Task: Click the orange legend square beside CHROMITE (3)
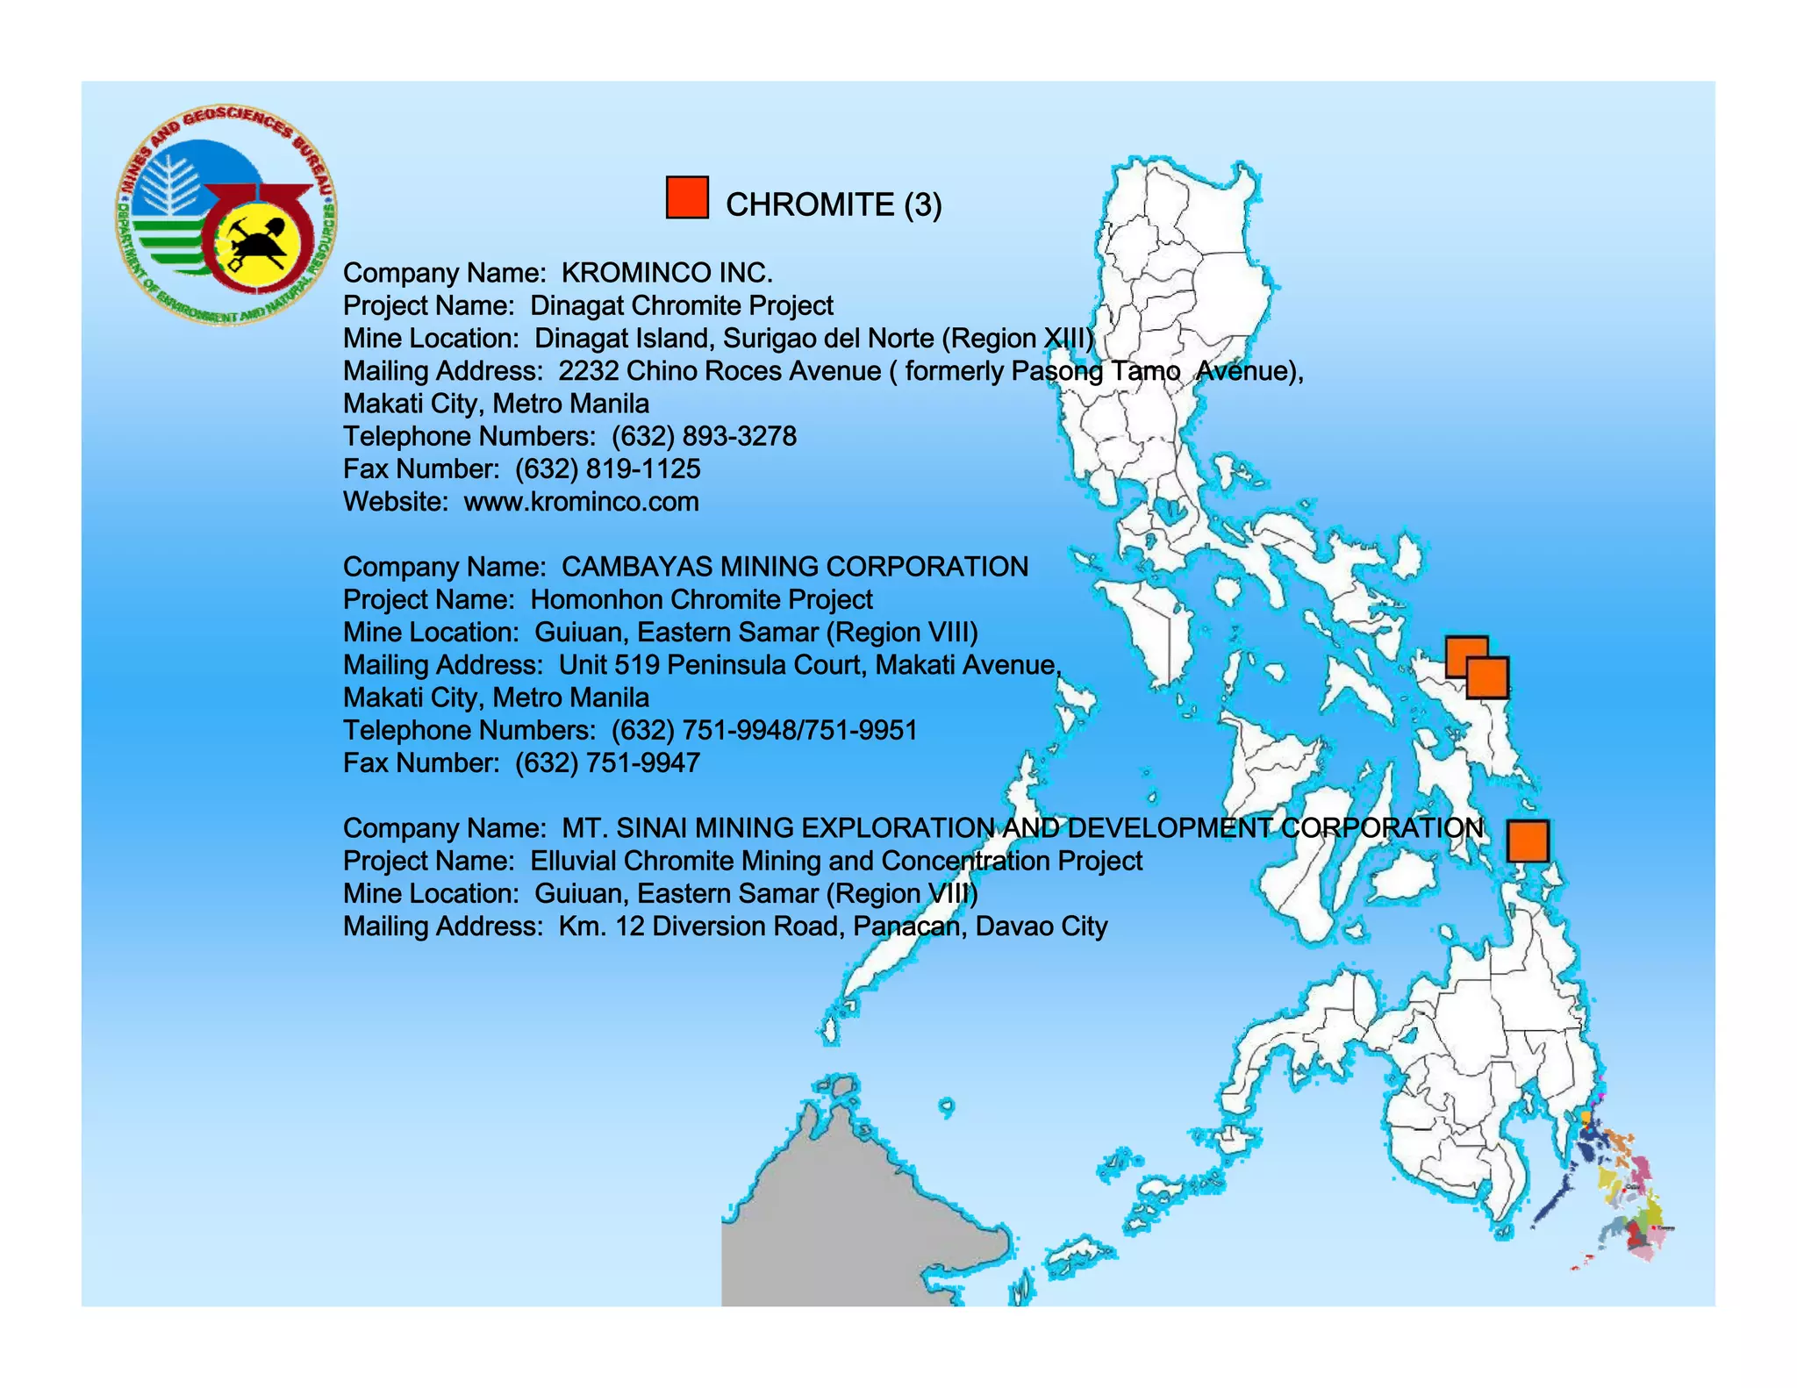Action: click(687, 197)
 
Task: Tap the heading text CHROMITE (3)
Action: click(833, 204)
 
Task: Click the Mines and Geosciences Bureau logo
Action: click(226, 216)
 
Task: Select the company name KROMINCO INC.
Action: click(667, 273)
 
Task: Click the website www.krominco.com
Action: click(581, 502)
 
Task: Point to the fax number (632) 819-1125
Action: click(607, 469)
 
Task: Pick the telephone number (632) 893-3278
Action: click(704, 436)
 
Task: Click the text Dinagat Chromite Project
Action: click(682, 305)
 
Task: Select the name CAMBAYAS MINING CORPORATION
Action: click(794, 567)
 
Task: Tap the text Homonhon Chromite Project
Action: click(701, 599)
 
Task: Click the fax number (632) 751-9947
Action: click(607, 762)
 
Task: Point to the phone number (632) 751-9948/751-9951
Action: click(763, 730)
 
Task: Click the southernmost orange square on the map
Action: click(1528, 841)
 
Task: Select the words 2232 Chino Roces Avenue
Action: click(720, 371)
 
